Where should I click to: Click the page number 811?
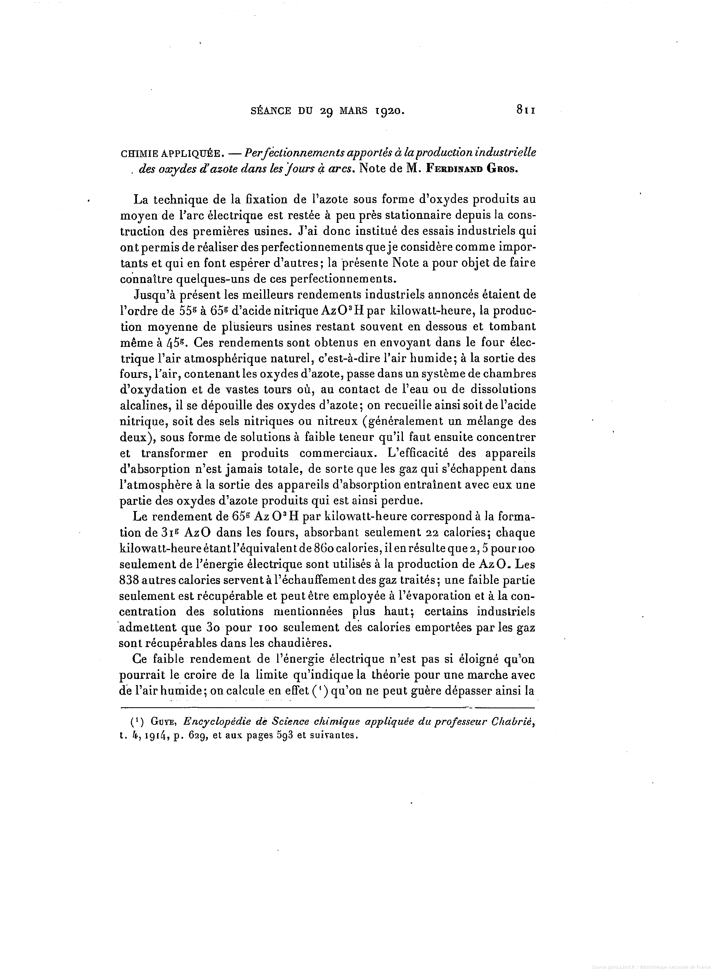click(x=524, y=111)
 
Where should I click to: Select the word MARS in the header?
click(x=353, y=111)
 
